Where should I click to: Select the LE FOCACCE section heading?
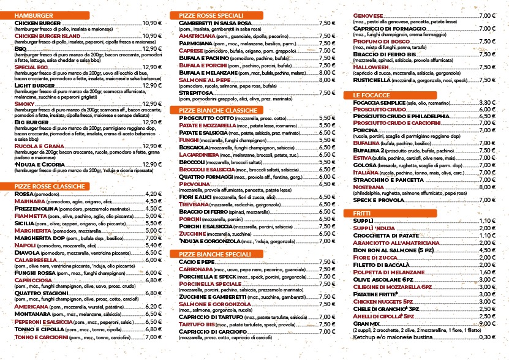(371, 95)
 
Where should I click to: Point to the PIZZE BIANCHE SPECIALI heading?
(214, 254)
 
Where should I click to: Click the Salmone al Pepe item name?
(205, 80)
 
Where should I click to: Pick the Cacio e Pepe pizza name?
(197, 262)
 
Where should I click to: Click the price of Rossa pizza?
(153, 193)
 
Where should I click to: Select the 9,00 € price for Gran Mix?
(487, 323)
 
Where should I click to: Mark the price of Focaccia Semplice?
(487, 102)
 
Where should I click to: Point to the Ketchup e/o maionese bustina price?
(487, 337)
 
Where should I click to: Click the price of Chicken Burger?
(151, 23)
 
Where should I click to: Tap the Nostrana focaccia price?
(487, 187)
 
